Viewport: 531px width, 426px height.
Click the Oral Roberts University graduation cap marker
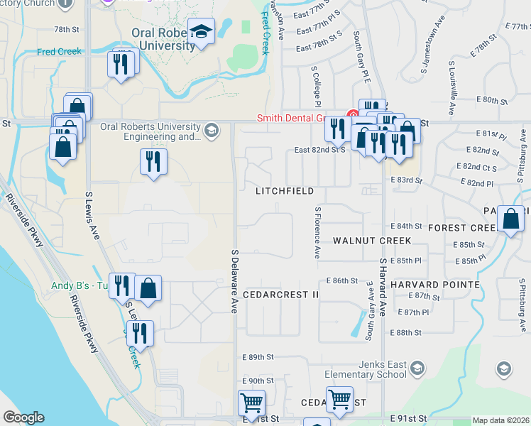pyautogui.click(x=202, y=31)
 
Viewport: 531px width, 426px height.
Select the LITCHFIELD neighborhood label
pyautogui.click(x=285, y=191)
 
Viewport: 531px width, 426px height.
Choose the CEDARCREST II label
pyautogui.click(x=281, y=294)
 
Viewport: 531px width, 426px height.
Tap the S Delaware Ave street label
pyautogui.click(x=234, y=280)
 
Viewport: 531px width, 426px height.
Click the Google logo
pyautogui.click(x=23, y=417)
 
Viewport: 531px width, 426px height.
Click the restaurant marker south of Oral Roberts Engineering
pyautogui.click(x=153, y=162)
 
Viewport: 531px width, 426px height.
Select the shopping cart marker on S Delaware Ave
pyautogui.click(x=252, y=403)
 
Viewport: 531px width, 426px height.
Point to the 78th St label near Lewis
pyautogui.click(x=67, y=29)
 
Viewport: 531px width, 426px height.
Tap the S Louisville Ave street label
pyautogui.click(x=451, y=88)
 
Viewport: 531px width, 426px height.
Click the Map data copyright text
pyautogui.click(x=500, y=420)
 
